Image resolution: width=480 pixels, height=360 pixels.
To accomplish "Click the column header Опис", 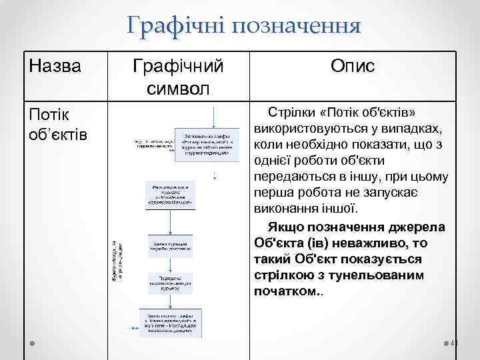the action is click(x=352, y=66).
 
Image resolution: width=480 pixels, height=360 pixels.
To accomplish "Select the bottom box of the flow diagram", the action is click(x=169, y=321).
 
